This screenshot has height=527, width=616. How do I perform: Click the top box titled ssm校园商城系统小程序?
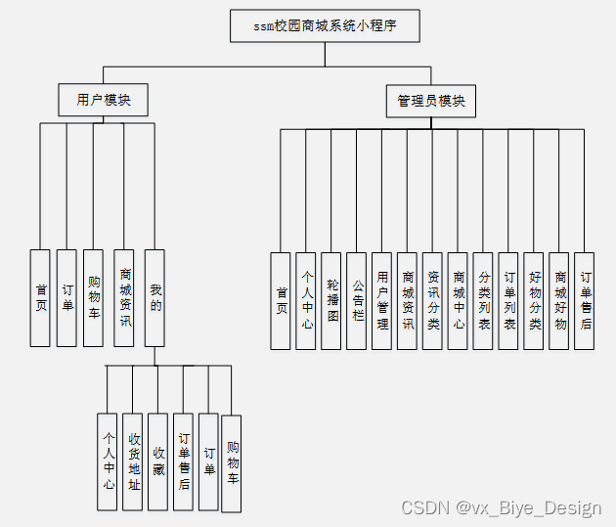325,26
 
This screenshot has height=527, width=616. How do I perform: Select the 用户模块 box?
104,100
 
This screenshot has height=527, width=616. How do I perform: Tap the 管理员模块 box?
430,101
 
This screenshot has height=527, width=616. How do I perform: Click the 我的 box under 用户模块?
155,297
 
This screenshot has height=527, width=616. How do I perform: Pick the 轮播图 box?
332,300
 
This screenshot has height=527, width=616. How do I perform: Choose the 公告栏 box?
358,300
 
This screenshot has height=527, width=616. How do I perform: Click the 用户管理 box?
383,300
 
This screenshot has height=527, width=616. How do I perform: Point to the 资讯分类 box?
433,300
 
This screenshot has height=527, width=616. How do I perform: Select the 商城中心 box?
459,300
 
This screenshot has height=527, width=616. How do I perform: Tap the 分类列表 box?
484,300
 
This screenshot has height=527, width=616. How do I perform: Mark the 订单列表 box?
508,300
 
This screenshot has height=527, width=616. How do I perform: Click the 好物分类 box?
534,300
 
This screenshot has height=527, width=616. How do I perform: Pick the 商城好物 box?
559,300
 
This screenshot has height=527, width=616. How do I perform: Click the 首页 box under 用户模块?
40,297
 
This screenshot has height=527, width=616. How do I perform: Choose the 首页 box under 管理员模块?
282,300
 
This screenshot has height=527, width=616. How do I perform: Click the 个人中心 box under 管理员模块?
306,300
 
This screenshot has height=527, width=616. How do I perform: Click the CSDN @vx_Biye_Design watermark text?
501,507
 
